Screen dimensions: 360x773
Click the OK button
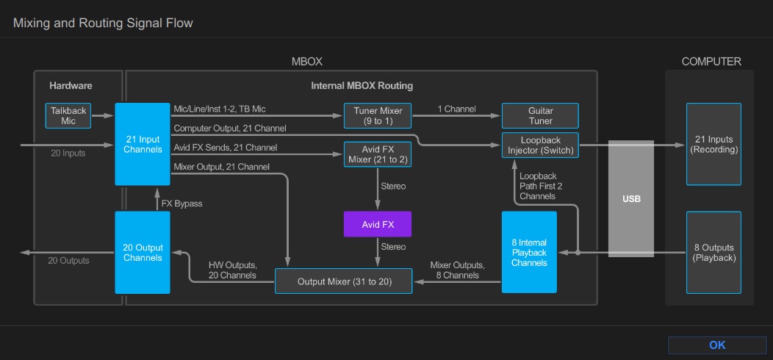tap(717, 345)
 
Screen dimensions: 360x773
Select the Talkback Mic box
tap(68, 115)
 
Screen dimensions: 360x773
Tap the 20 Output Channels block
tap(143, 253)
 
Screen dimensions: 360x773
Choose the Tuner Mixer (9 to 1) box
tap(378, 115)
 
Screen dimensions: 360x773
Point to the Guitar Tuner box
tap(540, 115)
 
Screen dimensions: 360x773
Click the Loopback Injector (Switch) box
tap(540, 145)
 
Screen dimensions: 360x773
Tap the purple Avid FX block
tap(378, 224)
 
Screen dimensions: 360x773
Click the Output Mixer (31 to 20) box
tap(343, 281)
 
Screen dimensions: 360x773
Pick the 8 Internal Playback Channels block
tap(529, 253)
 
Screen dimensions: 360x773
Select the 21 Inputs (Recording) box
tap(713, 144)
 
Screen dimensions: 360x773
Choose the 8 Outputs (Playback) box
tap(713, 253)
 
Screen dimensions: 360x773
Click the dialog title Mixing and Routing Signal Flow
tap(103, 24)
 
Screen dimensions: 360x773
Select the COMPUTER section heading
tap(711, 62)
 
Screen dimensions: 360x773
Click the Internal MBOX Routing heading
tap(362, 85)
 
